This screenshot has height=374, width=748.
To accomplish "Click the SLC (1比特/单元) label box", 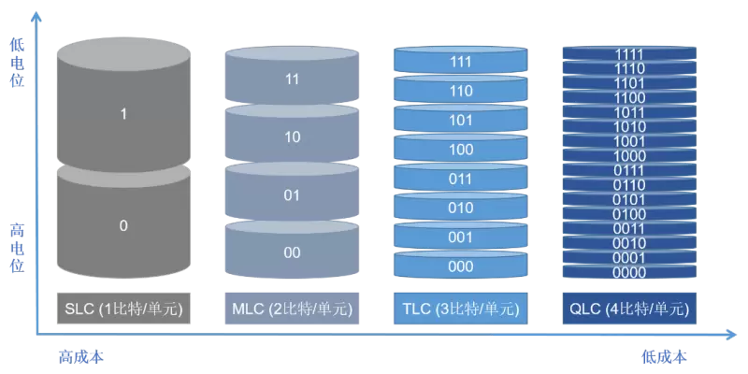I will click(122, 309).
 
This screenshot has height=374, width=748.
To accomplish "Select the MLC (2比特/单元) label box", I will click(292, 309).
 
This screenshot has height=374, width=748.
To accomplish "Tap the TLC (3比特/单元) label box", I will click(460, 309).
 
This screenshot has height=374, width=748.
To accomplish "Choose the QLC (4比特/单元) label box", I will click(629, 309).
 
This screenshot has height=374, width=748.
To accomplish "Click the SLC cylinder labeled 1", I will click(122, 114).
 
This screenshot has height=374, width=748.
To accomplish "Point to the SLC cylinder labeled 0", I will click(122, 225).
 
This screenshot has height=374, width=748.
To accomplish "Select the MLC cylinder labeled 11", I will click(292, 80).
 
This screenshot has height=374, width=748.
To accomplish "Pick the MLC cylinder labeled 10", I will click(292, 137).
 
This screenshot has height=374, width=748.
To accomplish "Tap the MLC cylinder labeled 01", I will click(292, 195).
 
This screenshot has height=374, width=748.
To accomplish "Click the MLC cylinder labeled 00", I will click(292, 252).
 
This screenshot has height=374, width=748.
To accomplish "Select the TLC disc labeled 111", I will click(460, 62).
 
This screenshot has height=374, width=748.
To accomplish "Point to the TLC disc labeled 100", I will click(460, 150).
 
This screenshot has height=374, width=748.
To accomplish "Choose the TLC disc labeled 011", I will click(460, 179).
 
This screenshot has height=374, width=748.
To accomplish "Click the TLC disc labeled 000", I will click(460, 266).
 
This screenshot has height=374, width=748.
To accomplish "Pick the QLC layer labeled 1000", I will click(629, 156).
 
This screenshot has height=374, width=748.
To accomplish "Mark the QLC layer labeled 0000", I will click(629, 272).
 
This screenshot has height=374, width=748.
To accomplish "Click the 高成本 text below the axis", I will click(79, 356).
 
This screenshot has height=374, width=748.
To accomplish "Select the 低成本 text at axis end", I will click(664, 356).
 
